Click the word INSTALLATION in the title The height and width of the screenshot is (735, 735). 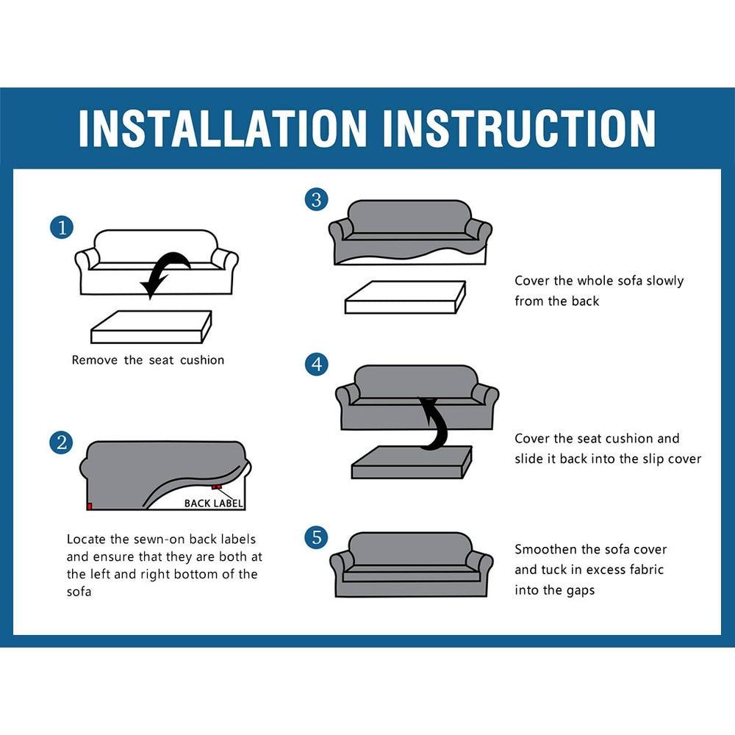(223, 129)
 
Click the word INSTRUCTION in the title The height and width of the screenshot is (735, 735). (519, 129)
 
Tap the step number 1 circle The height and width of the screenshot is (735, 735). (62, 228)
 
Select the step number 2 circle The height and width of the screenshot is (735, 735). (62, 443)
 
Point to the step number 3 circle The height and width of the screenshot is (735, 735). (316, 200)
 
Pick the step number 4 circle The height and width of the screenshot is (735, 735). (316, 365)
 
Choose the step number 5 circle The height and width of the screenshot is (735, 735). (316, 537)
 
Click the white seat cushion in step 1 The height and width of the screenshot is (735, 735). (151, 327)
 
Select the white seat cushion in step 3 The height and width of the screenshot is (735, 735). (405, 297)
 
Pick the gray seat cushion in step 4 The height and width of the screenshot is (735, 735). (412, 462)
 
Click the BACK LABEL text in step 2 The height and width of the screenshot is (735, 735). (214, 503)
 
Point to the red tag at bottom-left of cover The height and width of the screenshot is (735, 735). (90, 506)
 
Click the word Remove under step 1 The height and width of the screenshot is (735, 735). (95, 360)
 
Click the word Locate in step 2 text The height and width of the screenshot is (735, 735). (86, 539)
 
